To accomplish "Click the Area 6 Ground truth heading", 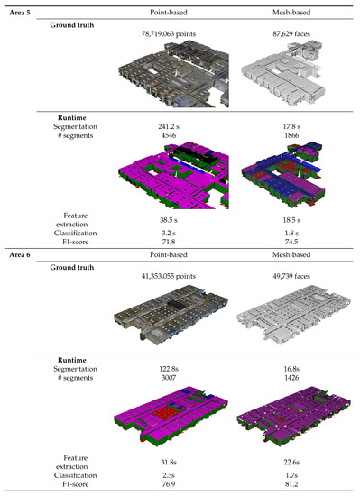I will tap(76, 268).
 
